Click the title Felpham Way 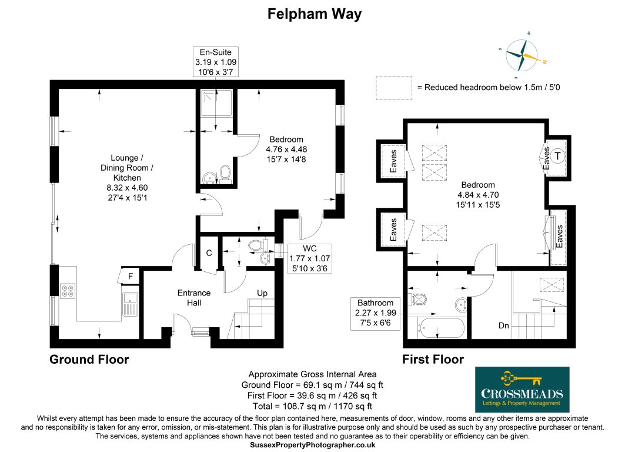[315, 14]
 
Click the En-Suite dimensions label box [216, 62]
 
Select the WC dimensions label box [309, 257]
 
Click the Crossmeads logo [522, 389]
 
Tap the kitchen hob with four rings [68, 290]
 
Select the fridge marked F [129, 276]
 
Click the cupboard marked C [208, 253]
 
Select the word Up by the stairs [263, 293]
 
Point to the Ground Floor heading [89, 359]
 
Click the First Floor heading [433, 359]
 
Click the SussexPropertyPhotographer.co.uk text [312, 446]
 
